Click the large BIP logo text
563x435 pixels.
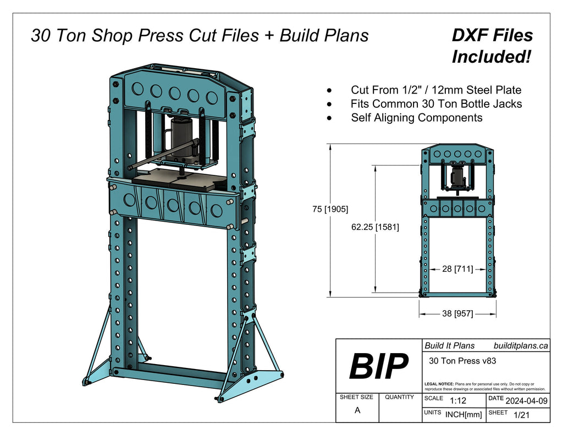[x=379, y=366]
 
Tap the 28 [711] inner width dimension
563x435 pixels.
[x=457, y=269]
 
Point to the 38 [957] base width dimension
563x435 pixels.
[x=457, y=313]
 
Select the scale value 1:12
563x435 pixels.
[x=457, y=400]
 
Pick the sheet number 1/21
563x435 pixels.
[x=521, y=415]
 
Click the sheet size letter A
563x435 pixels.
[x=357, y=410]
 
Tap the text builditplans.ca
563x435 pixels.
[x=520, y=345]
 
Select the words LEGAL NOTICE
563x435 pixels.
[x=439, y=383]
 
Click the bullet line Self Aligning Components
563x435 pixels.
[x=416, y=118]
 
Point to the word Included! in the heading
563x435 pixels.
[x=491, y=56]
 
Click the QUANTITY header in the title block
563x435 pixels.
[x=400, y=397]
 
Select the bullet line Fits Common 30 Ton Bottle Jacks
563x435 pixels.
[x=436, y=103]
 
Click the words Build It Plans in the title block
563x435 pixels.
[x=449, y=345]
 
